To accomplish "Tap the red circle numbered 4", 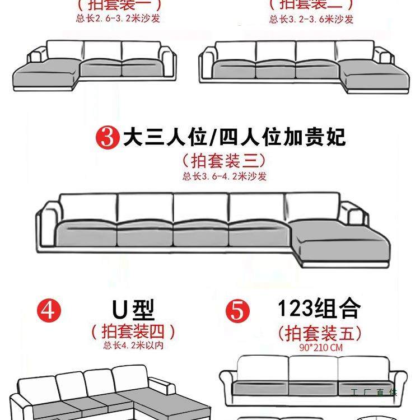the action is click(x=49, y=310).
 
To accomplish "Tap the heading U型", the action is click(x=133, y=309).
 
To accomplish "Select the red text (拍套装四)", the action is click(x=133, y=331).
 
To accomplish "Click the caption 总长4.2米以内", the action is click(x=133, y=346).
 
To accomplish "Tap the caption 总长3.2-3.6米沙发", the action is click(x=311, y=19).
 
